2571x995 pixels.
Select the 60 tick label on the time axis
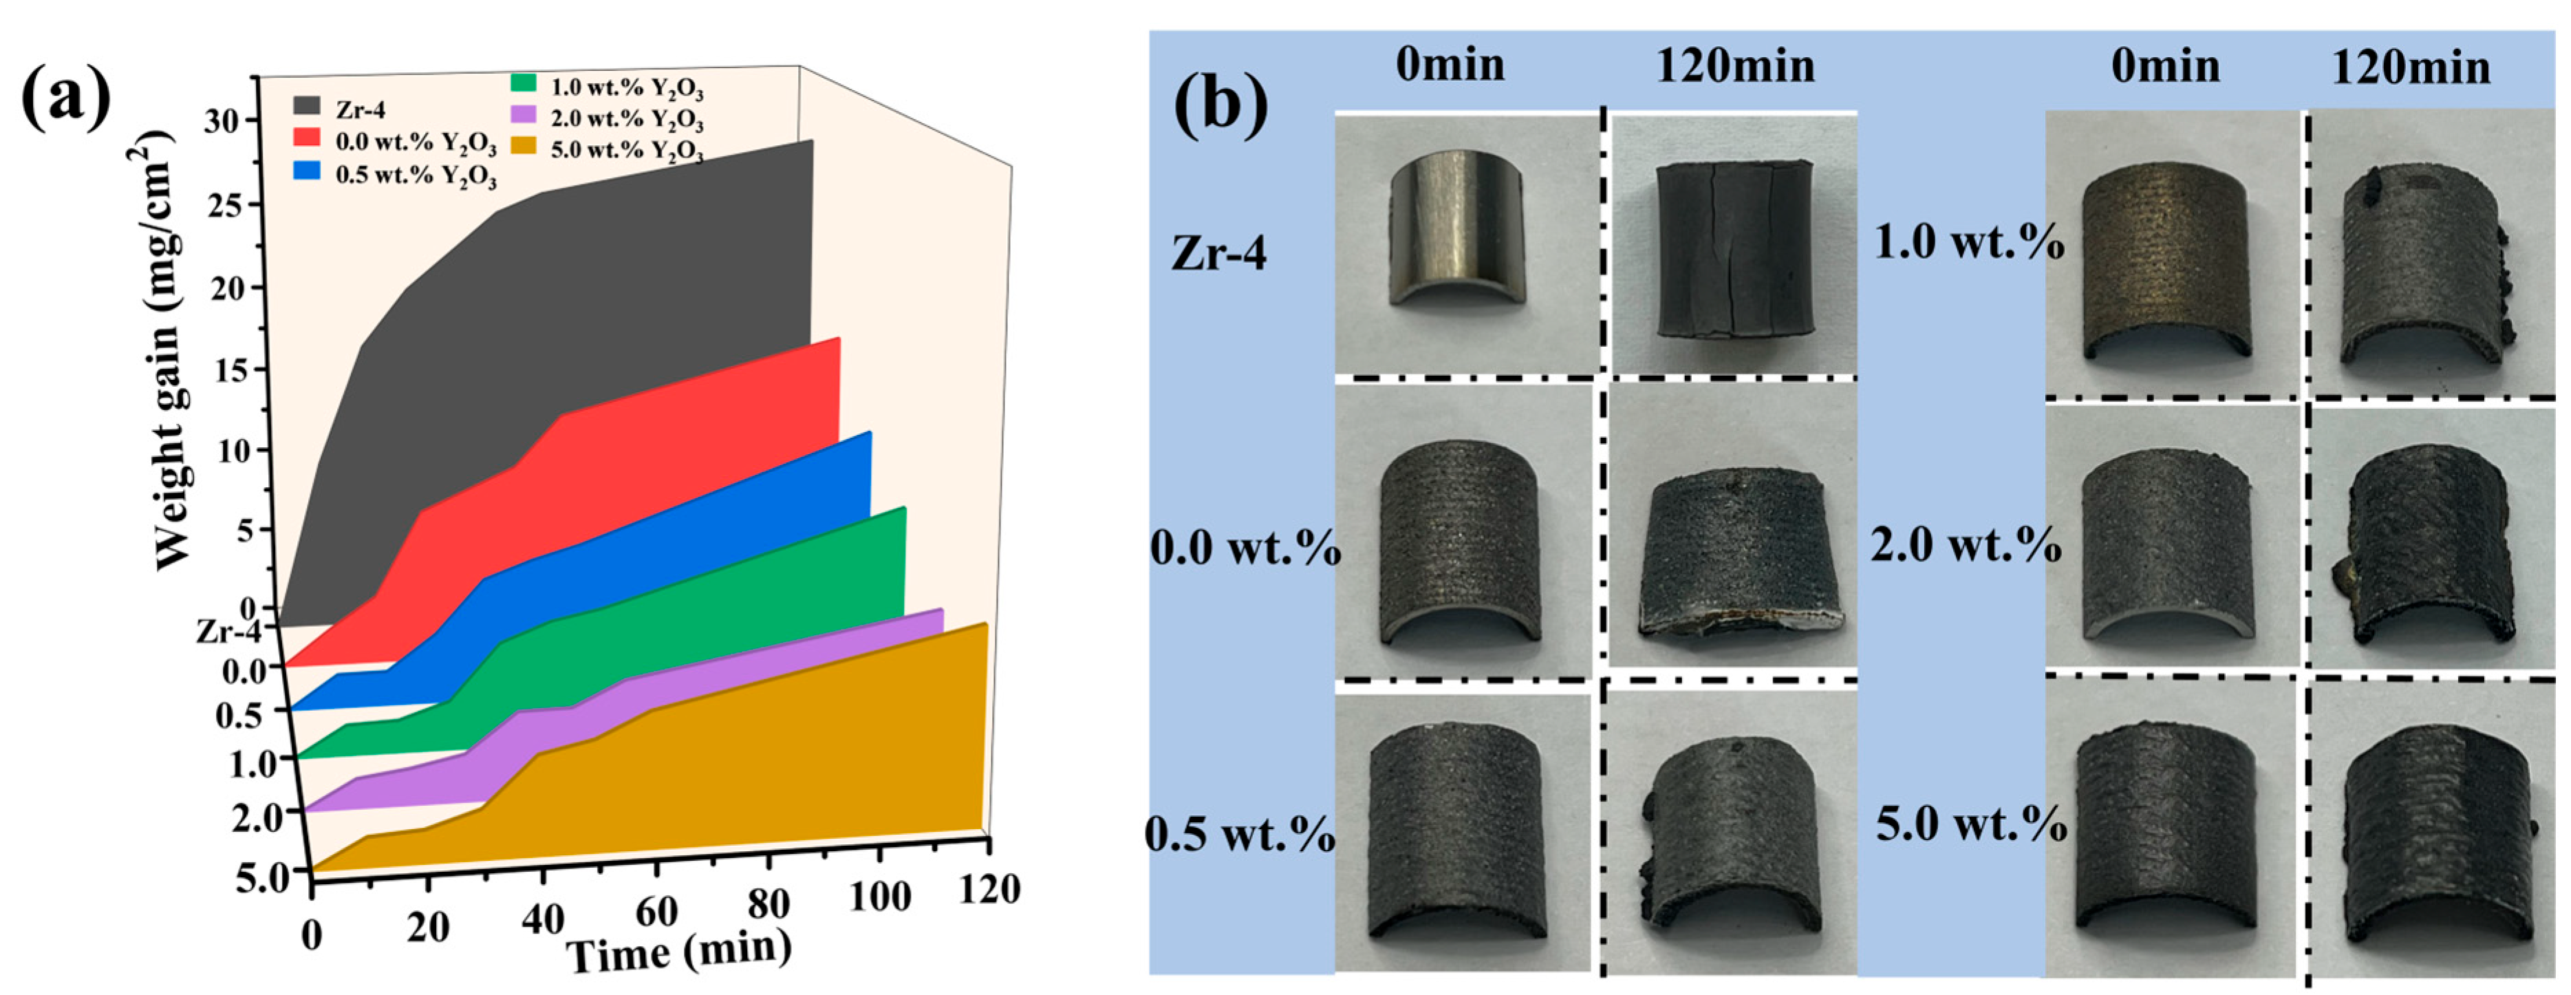tap(655, 910)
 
